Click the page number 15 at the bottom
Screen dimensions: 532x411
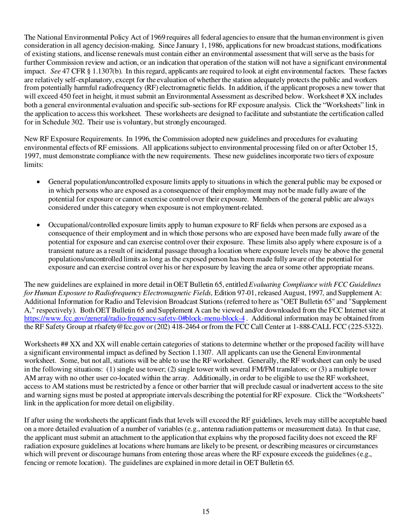pos(205,512)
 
